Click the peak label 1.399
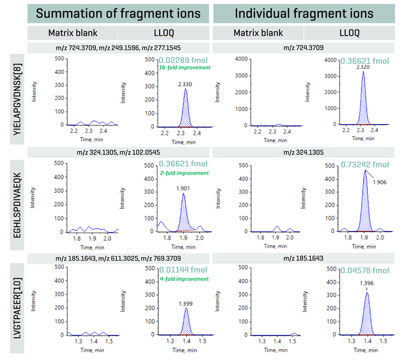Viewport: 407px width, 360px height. point(187,304)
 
